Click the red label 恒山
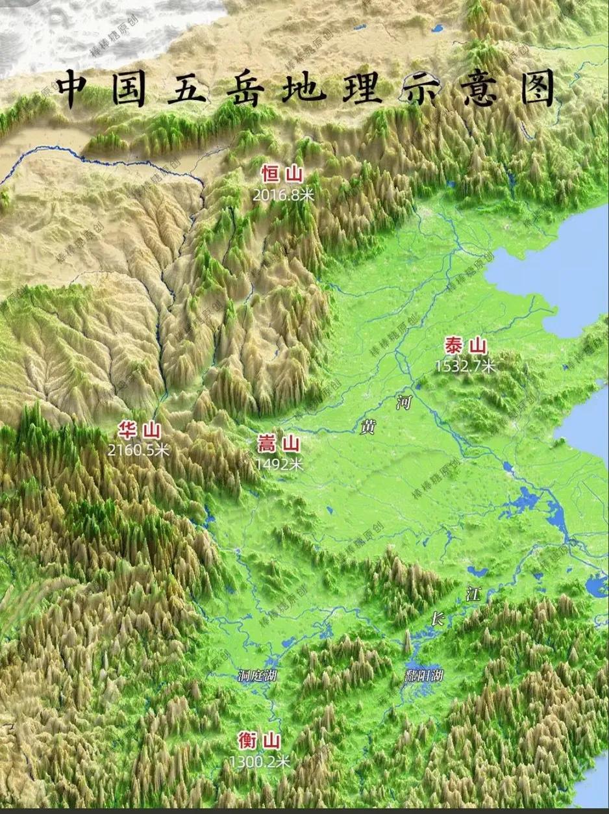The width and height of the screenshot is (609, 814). click(282, 175)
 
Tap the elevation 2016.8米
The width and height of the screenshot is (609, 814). click(284, 194)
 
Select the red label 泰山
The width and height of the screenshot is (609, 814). click(466, 346)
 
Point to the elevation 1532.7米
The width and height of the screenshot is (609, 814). click(465, 366)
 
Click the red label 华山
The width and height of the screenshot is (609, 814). click(138, 429)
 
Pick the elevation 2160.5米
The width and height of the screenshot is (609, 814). click(138, 449)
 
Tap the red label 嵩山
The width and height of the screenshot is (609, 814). click(279, 445)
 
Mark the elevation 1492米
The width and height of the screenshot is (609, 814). click(279, 464)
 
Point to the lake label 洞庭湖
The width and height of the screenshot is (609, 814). click(258, 676)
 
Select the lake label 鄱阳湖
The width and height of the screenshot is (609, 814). click(423, 676)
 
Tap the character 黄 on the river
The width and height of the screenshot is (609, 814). click(368, 427)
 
